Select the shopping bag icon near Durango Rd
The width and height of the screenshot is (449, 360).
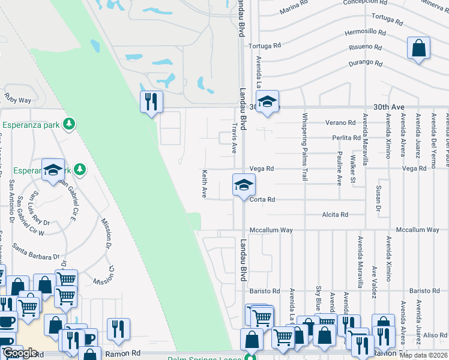(419, 49)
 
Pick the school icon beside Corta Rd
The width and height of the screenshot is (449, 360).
(244, 185)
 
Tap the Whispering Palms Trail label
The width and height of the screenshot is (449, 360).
(305, 147)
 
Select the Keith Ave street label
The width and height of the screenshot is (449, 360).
(204, 184)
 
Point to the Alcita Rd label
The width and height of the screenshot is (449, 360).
(335, 214)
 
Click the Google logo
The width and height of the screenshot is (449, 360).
(20, 353)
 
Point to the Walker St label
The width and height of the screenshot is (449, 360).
(353, 170)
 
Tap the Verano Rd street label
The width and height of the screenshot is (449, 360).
(340, 122)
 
